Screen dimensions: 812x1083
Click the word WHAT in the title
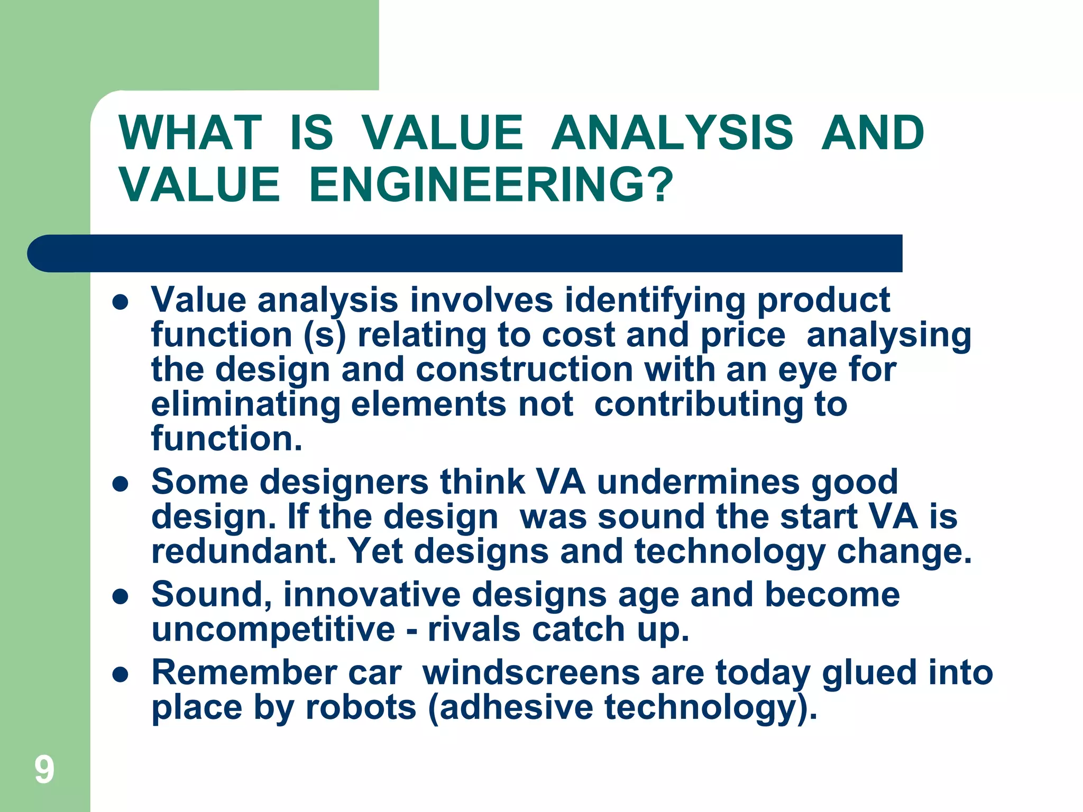point(190,133)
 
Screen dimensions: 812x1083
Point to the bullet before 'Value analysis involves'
point(121,302)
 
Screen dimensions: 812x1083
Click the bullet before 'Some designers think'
point(121,484)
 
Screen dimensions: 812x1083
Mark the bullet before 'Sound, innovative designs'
point(121,597)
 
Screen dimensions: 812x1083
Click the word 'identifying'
point(655,300)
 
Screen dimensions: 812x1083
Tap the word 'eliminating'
point(245,405)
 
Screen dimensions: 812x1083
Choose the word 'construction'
point(524,370)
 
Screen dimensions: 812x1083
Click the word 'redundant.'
point(244,551)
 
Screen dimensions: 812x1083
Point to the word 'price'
point(742,335)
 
